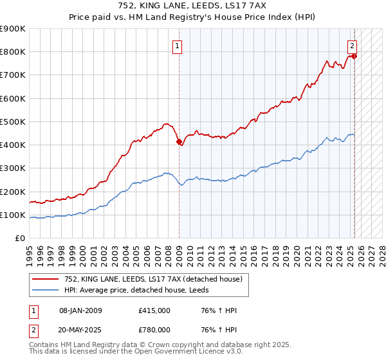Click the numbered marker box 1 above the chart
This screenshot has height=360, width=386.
click(176, 46)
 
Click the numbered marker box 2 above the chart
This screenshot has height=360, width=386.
click(353, 46)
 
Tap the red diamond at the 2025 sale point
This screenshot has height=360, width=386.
click(354, 57)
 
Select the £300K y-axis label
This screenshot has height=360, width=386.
click(13, 168)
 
